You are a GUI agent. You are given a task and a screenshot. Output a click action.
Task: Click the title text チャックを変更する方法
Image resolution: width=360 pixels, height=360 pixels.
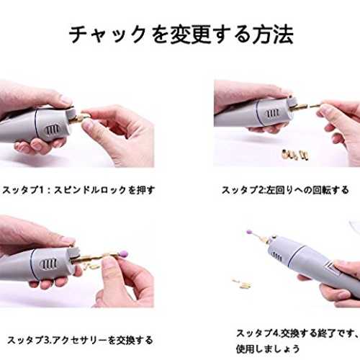(181, 35)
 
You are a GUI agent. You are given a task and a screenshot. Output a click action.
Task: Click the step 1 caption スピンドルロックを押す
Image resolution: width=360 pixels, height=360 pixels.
(104, 190)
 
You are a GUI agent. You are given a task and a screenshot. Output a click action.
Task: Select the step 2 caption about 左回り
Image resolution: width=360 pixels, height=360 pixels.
(285, 190)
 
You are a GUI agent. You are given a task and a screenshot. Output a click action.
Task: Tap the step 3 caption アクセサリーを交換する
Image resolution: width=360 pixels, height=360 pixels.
(102, 340)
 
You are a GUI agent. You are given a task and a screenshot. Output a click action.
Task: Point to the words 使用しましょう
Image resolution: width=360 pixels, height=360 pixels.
(268, 348)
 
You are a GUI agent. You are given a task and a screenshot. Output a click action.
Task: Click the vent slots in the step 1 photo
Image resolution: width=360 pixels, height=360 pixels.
(53, 130)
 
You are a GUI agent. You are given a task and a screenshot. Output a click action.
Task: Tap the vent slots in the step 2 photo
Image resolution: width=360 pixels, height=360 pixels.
(273, 114)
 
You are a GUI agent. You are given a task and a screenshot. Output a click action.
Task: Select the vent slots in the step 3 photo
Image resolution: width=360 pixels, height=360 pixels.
(49, 264)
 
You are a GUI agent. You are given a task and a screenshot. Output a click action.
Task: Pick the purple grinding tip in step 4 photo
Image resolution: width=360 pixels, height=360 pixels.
(250, 232)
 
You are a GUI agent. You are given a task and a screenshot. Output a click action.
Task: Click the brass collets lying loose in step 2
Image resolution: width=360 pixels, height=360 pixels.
(294, 154)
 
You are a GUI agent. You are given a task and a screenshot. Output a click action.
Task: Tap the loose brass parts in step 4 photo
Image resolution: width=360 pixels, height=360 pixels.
(243, 283)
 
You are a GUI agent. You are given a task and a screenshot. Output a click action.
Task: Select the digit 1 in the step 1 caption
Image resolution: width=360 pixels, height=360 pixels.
(41, 190)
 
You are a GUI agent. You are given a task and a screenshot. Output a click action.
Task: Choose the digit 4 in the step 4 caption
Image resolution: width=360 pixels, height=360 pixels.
(275, 333)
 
